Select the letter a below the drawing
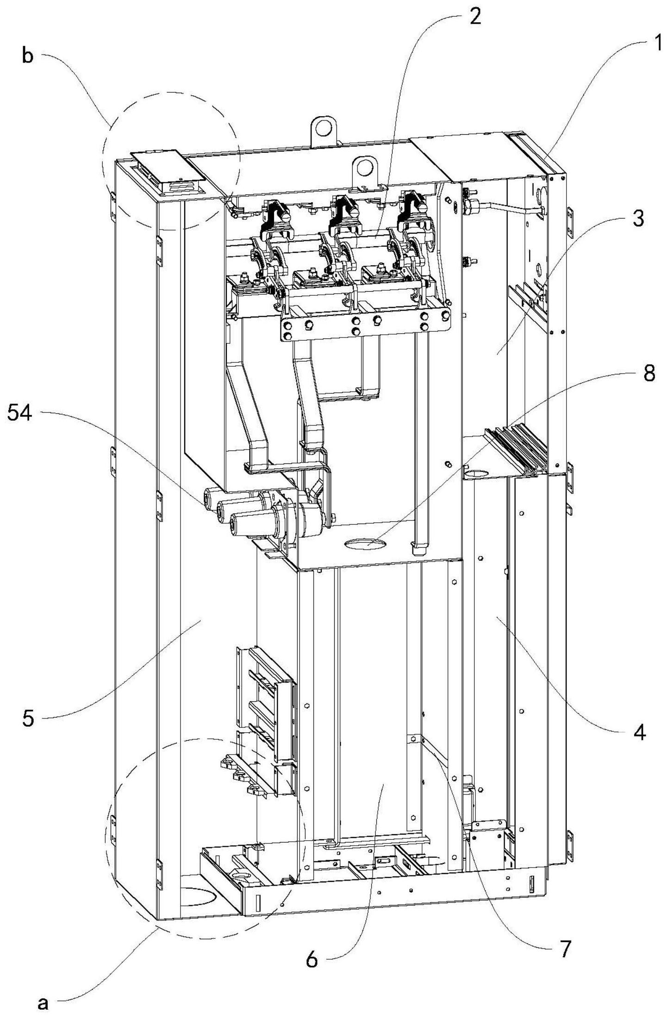[x=43, y=1001]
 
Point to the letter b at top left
[x=28, y=58]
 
